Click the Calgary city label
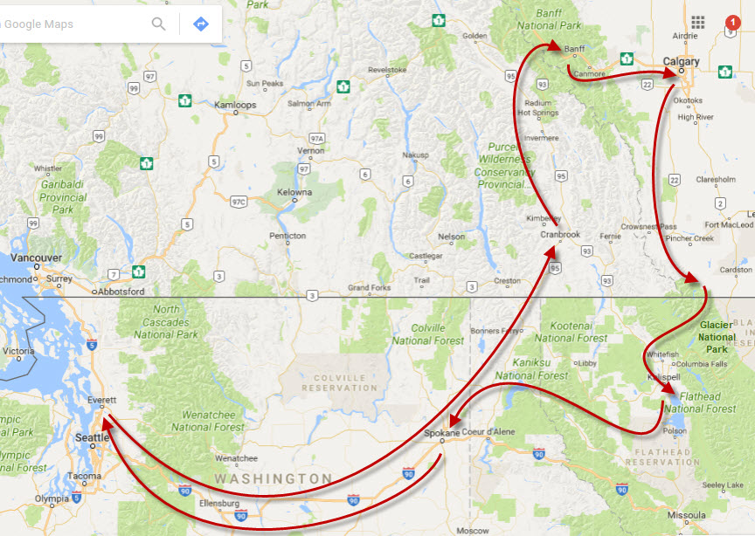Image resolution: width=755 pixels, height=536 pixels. pos(681,62)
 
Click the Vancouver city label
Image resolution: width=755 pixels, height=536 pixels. pos(36,258)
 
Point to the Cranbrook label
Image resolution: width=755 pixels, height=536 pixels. pos(560,235)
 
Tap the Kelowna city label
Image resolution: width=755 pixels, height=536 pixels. pos(294,192)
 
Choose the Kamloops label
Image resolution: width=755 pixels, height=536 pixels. pos(235,105)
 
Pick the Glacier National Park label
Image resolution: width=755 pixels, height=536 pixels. pos(717,337)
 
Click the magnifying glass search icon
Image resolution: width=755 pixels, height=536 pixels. pos(158,24)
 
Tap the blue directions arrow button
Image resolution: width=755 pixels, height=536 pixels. pos(200,24)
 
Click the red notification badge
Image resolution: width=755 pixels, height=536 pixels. pos(732,21)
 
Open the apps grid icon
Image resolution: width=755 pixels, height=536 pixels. pos(697,22)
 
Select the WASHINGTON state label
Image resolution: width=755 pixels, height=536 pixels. pos(274,479)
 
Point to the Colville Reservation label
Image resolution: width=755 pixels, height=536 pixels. pos(340,382)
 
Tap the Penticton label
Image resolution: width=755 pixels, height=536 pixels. pos(287,236)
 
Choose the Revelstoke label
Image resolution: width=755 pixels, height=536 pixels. pos(388,70)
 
